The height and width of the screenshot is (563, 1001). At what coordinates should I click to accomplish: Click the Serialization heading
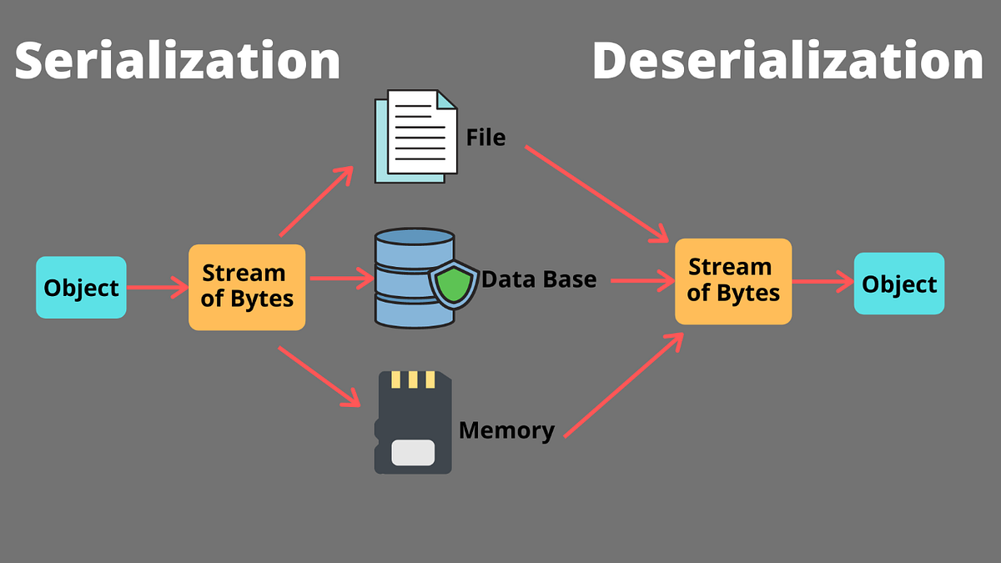(x=177, y=61)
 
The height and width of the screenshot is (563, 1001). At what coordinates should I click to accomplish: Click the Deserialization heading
(x=787, y=61)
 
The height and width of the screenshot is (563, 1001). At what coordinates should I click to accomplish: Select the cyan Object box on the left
(x=81, y=288)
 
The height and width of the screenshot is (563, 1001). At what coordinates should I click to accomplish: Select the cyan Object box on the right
(x=898, y=284)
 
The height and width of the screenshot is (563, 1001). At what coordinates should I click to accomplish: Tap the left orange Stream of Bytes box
(x=247, y=286)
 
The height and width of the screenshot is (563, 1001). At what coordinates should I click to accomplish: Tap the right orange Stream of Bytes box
(x=732, y=281)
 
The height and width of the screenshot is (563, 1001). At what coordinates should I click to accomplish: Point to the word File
(x=485, y=137)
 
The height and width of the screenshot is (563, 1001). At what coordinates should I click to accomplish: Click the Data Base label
(x=540, y=279)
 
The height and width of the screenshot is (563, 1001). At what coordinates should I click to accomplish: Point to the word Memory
(x=506, y=430)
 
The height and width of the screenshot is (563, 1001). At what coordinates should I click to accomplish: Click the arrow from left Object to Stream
(x=158, y=289)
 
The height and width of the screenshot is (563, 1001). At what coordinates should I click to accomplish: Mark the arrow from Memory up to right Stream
(x=624, y=385)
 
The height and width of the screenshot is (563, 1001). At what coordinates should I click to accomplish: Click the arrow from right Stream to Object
(x=822, y=282)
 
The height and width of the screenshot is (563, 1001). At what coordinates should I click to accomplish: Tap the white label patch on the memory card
(x=412, y=452)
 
